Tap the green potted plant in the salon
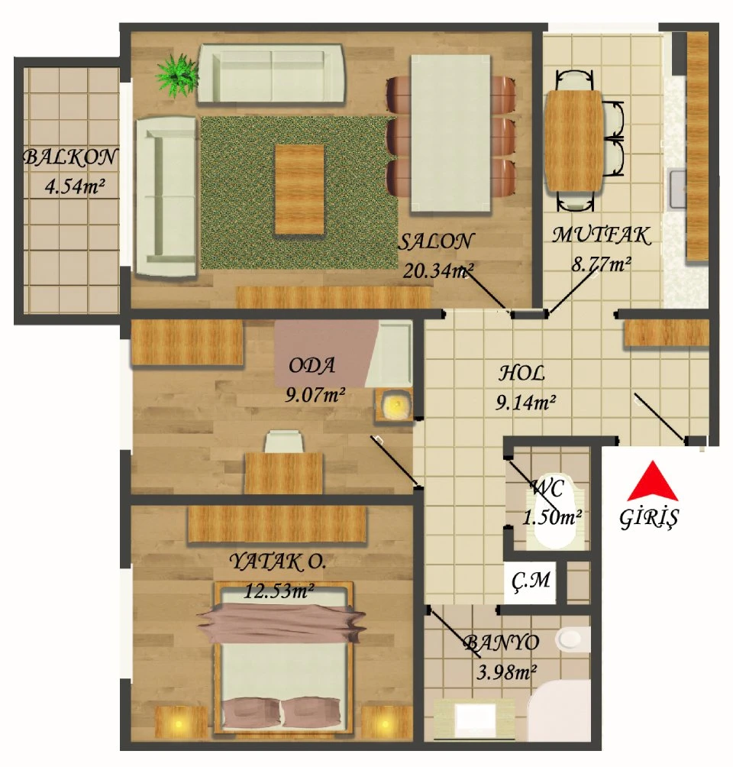point(176,76)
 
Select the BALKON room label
point(70,157)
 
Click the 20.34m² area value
point(438,270)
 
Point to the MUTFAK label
point(602,235)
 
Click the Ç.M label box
point(531,581)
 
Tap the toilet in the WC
point(555,512)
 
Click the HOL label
point(521,374)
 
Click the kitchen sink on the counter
point(678,189)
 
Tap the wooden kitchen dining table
point(574,141)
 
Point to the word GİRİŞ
point(649,519)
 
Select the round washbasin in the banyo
point(570,638)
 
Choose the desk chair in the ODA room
point(283,441)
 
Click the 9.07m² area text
point(315,394)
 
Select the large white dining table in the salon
point(450,133)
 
